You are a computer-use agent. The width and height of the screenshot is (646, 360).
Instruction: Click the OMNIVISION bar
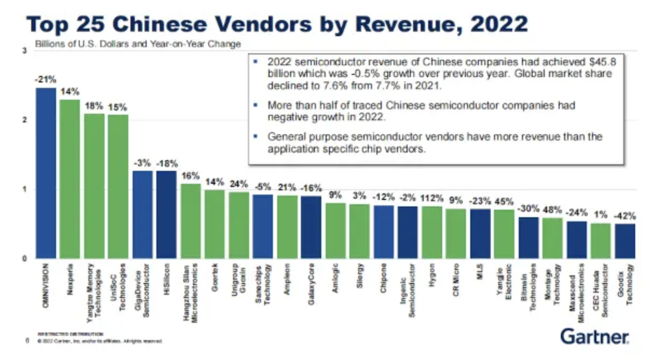(46, 173)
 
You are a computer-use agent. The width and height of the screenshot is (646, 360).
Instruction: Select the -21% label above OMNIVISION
(46, 80)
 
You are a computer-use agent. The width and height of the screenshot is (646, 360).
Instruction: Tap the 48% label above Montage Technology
(552, 208)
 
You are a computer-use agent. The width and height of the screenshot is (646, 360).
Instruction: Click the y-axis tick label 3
(24, 51)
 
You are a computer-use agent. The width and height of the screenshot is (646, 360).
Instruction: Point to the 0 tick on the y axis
(24, 259)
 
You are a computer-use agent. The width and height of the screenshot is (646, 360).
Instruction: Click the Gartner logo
(594, 337)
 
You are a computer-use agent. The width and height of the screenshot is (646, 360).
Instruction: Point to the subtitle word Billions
(49, 44)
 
